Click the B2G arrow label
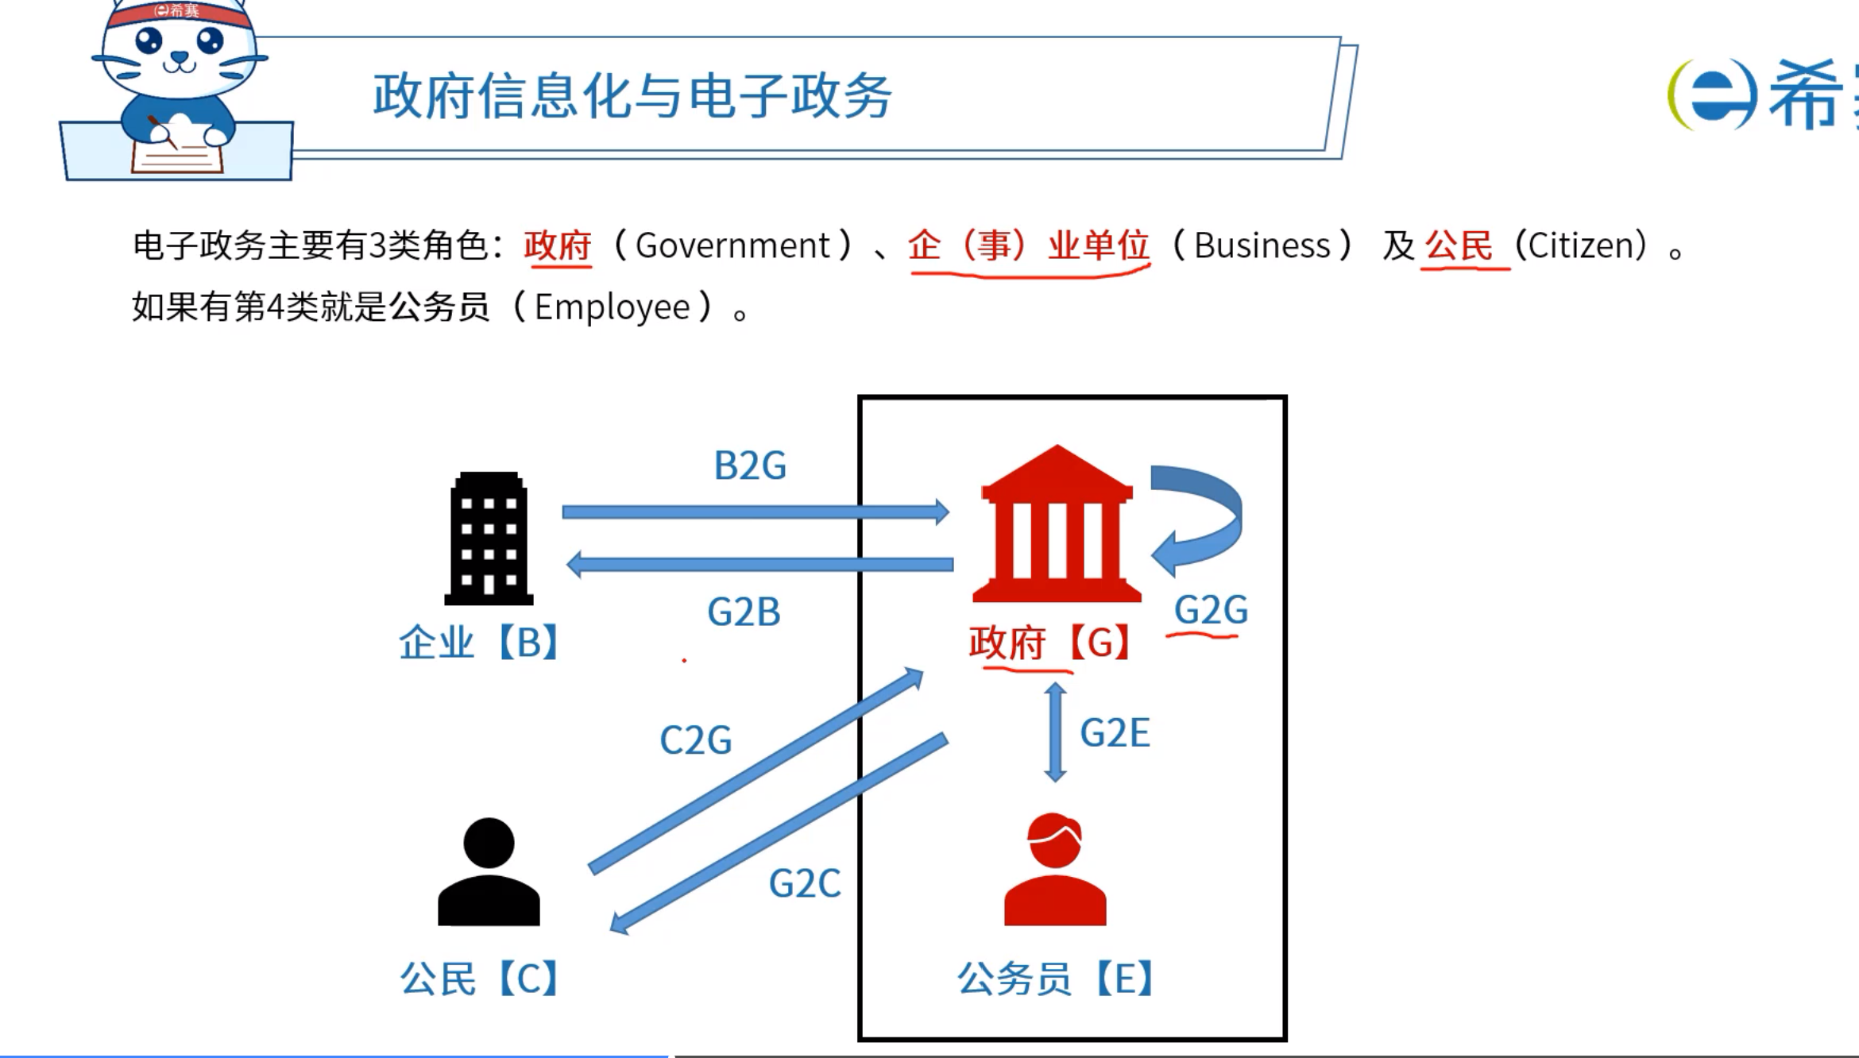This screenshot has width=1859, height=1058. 750,465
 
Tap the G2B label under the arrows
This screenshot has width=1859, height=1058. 744,612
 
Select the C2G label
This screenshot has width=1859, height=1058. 696,740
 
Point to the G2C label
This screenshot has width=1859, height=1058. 804,883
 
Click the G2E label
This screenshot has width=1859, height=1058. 1115,732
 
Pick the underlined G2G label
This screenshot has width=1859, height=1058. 1211,610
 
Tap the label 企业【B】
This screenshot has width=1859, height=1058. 480,642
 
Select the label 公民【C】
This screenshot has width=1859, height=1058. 480,979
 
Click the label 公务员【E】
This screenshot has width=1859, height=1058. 1055,979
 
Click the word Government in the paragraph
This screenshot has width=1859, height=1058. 732,245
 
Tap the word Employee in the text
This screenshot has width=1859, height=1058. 612,307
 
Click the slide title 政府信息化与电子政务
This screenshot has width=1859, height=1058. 632,95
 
